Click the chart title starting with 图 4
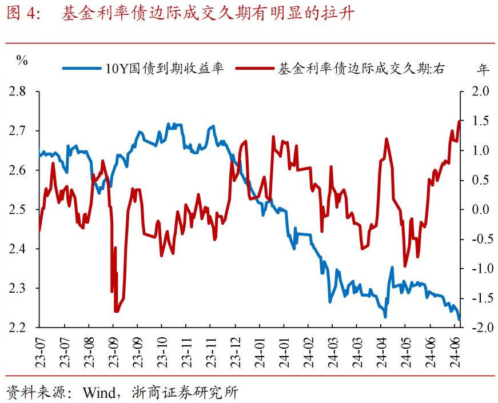(180, 14)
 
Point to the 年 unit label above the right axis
(484, 69)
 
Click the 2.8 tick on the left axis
(19, 91)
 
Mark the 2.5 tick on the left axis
(19, 210)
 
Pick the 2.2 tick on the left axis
(19, 328)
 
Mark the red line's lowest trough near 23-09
(116, 312)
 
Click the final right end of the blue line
(459, 320)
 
